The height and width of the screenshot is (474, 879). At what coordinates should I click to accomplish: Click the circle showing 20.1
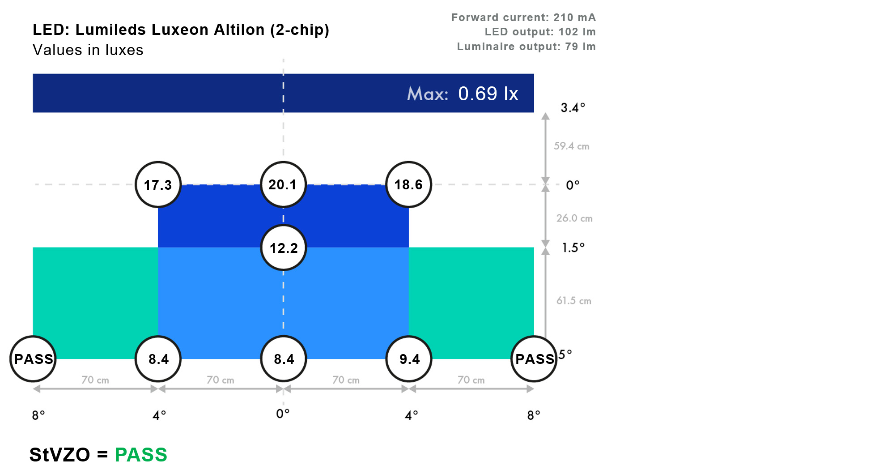pyautogui.click(x=283, y=184)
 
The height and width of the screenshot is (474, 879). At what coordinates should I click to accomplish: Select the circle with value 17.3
pyautogui.click(x=158, y=184)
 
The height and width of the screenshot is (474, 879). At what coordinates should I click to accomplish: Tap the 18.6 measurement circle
pyautogui.click(x=408, y=184)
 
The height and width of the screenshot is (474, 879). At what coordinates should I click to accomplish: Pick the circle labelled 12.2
pyautogui.click(x=283, y=248)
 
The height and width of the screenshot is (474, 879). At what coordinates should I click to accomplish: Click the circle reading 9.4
pyautogui.click(x=409, y=359)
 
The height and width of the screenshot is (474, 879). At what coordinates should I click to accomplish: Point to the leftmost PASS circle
pyautogui.click(x=33, y=359)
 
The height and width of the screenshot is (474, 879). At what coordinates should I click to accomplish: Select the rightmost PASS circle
pyautogui.click(x=534, y=359)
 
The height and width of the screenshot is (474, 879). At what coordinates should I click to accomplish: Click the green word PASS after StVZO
pyautogui.click(x=141, y=455)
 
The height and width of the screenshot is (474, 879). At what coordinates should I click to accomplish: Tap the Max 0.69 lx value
pyautogui.click(x=488, y=94)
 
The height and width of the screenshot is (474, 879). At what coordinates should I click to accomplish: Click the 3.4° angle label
pyautogui.click(x=573, y=107)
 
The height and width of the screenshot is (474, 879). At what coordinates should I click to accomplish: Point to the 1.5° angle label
pyautogui.click(x=573, y=248)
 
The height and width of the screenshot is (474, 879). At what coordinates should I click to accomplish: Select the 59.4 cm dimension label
pyautogui.click(x=571, y=146)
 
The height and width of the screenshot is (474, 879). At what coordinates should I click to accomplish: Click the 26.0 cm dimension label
pyautogui.click(x=574, y=218)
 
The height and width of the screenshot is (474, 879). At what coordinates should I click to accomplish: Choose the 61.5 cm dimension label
pyautogui.click(x=574, y=300)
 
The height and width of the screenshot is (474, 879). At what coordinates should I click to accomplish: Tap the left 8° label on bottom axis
pyautogui.click(x=38, y=415)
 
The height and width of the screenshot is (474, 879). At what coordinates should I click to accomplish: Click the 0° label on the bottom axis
pyautogui.click(x=283, y=414)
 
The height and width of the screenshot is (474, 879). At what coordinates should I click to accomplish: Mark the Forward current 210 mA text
pyautogui.click(x=523, y=17)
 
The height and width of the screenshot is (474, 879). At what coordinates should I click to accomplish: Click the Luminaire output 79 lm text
pyautogui.click(x=526, y=47)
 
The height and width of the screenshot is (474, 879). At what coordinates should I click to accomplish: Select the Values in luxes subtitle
pyautogui.click(x=88, y=50)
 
